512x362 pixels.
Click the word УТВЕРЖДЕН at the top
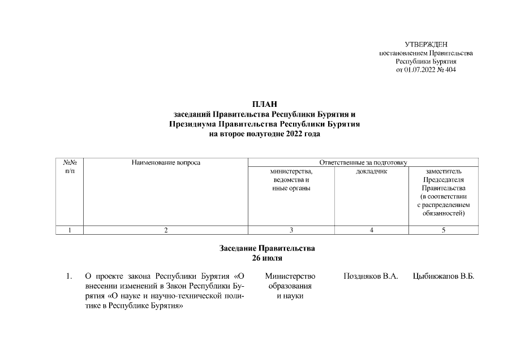pyautogui.click(x=426, y=45)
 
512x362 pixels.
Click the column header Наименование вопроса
pyautogui.click(x=166, y=163)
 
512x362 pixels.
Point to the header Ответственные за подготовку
pyautogui.click(x=363, y=163)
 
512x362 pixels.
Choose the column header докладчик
pyautogui.click(x=371, y=171)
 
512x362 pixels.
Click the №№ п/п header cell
pyautogui.click(x=70, y=167)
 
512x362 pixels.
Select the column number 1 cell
pyautogui.click(x=70, y=230)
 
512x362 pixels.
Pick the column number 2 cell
pyautogui.click(x=166, y=230)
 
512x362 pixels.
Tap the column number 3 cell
pyautogui.click(x=291, y=230)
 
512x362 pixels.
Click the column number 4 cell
pyautogui.click(x=371, y=230)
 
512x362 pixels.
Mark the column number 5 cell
pyautogui.click(x=444, y=230)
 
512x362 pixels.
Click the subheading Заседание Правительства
pyautogui.click(x=267, y=248)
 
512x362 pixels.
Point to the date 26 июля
pyautogui.click(x=267, y=258)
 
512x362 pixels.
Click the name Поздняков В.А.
pyautogui.click(x=371, y=276)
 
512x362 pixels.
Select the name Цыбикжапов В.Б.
pyautogui.click(x=444, y=276)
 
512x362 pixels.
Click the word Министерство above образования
pyautogui.click(x=291, y=276)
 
